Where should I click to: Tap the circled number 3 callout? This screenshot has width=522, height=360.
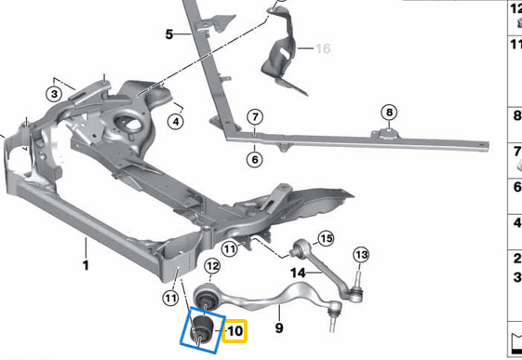tap(55, 93)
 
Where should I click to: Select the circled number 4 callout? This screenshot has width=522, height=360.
tap(175, 120)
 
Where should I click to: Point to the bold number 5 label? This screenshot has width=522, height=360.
tap(169, 34)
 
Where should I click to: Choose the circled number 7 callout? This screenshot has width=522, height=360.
tap(252, 117)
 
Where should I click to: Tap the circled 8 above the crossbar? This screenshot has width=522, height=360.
tap(389, 113)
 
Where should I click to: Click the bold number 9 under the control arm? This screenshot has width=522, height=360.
tap(278, 327)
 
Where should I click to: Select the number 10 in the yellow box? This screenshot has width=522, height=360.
tap(234, 330)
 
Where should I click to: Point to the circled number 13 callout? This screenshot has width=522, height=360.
tap(361, 255)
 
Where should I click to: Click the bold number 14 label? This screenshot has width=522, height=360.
tap(298, 273)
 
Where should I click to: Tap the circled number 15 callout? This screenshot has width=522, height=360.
tap(327, 238)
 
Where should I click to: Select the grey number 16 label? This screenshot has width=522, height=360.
tap(322, 48)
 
